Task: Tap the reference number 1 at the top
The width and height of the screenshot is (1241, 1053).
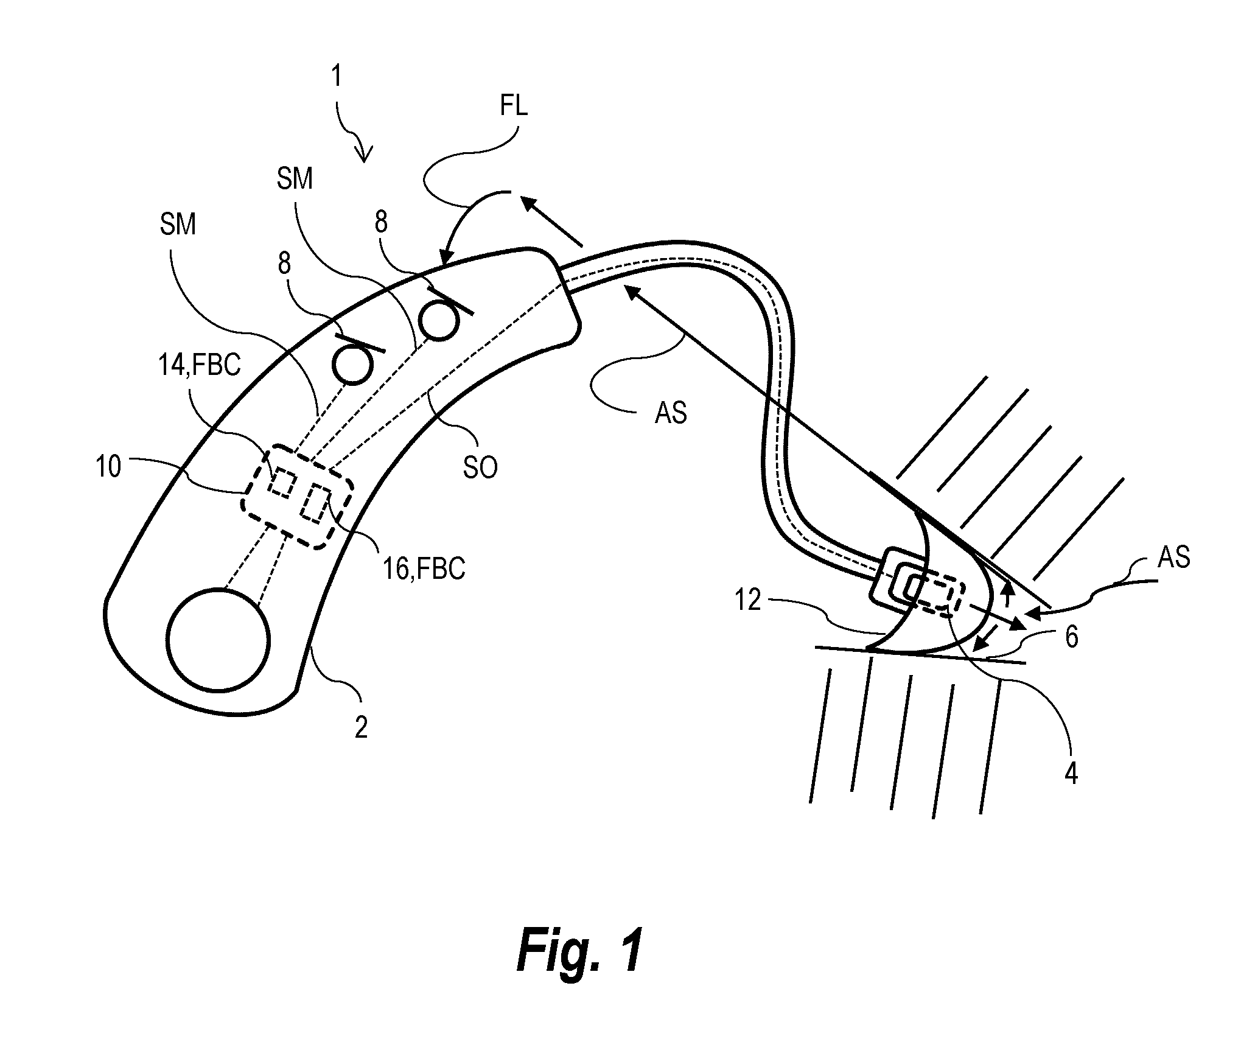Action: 337,77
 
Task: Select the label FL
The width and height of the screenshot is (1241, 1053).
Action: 514,106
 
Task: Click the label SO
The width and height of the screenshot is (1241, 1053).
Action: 480,467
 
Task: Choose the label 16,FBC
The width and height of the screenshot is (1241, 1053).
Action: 424,568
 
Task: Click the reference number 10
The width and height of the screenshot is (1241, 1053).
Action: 109,467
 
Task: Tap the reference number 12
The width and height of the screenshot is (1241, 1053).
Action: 748,600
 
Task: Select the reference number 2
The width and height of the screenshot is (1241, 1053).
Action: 362,727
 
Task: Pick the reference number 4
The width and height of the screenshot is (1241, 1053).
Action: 1071,774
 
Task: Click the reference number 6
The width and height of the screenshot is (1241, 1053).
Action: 1072,637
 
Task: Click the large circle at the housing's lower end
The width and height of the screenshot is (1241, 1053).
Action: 219,640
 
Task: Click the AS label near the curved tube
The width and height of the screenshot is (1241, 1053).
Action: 671,412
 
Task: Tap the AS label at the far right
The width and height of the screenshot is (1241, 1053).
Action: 1174,557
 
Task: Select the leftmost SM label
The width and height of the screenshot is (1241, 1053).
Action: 178,224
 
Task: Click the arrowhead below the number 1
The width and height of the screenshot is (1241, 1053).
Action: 364,155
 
